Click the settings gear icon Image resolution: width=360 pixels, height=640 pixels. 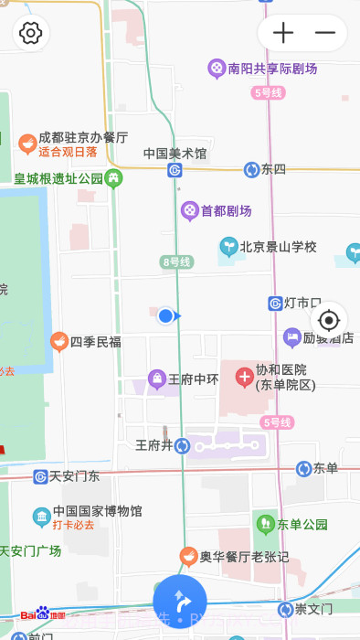[31, 34]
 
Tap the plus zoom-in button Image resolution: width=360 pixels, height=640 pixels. [284, 34]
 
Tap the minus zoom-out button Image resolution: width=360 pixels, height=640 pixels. [325, 34]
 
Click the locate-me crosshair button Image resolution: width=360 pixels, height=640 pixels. [329, 320]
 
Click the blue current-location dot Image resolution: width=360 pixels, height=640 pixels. [165, 315]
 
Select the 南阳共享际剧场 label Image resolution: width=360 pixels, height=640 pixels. [272, 68]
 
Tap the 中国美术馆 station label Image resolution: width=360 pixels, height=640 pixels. [175, 154]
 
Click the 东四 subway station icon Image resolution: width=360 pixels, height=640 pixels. [251, 169]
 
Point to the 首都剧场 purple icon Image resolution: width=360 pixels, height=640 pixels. [189, 210]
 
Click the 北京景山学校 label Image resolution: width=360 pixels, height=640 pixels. [278, 246]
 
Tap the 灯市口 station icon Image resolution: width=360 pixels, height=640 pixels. [275, 303]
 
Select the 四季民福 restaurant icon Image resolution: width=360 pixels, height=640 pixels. [59, 342]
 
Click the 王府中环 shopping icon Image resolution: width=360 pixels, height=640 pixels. [157, 379]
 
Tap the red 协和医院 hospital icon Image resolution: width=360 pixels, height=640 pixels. [244, 376]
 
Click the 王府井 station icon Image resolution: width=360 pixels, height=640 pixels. [182, 446]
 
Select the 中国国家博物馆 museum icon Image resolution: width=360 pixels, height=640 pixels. [42, 517]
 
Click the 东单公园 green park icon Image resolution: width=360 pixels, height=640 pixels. [265, 524]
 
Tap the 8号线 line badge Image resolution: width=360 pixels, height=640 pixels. [177, 262]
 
